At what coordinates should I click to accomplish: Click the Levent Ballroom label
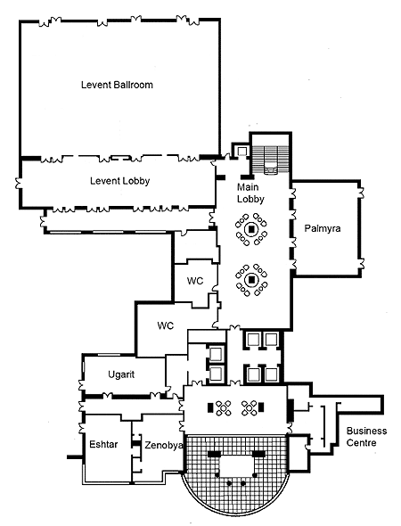pyautogui.click(x=117, y=85)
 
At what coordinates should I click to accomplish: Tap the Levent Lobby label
pyautogui.click(x=119, y=181)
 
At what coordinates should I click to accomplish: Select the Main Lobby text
pyautogui.click(x=250, y=193)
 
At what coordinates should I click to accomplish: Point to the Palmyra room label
pyautogui.click(x=323, y=229)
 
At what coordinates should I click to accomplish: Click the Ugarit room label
pyautogui.click(x=121, y=374)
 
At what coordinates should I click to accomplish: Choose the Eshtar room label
pyautogui.click(x=103, y=445)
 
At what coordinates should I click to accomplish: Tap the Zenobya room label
pyautogui.click(x=164, y=445)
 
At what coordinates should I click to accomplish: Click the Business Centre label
pyautogui.click(x=366, y=437)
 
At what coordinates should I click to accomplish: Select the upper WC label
pyautogui.click(x=195, y=281)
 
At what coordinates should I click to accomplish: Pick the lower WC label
pyautogui.click(x=165, y=325)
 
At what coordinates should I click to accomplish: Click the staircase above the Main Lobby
pyautogui.click(x=270, y=159)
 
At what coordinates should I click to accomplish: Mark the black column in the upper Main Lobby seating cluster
pyautogui.click(x=251, y=230)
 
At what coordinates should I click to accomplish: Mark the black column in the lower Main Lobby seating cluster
pyautogui.click(x=251, y=279)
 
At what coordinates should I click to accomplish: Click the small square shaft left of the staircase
pyautogui.click(x=241, y=151)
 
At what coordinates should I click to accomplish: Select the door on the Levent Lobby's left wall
pyautogui.click(x=19, y=184)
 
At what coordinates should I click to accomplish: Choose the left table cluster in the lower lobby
pyautogui.click(x=223, y=408)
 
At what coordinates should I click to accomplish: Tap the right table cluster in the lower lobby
pyautogui.click(x=250, y=408)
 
